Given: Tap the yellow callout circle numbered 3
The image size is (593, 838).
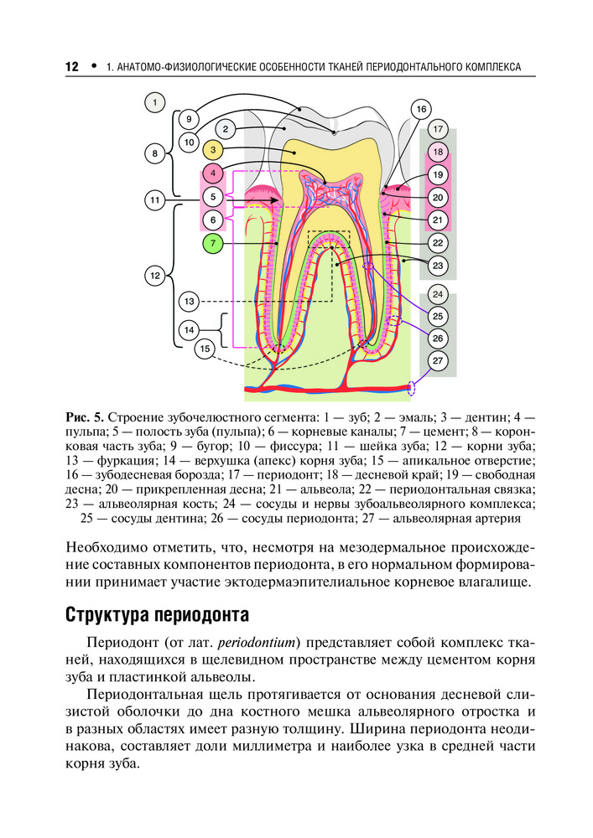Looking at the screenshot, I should (214, 150).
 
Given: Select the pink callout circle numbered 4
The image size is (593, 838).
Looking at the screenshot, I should (214, 173).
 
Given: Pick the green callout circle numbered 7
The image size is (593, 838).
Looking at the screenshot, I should (214, 244).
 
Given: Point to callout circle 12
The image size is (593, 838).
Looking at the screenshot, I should (154, 275).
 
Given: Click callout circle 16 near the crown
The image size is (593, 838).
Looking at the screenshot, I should (421, 109).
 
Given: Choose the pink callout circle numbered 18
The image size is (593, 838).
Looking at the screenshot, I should (438, 153).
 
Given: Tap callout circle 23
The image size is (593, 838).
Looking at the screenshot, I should (438, 265).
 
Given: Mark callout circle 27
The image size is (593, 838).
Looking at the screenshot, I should (438, 360).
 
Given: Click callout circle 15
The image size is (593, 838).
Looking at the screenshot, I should (205, 348).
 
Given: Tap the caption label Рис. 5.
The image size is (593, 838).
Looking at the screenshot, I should (86, 416).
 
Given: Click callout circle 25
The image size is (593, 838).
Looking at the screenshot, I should (438, 316).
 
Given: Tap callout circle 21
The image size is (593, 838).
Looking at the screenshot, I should (438, 220).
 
